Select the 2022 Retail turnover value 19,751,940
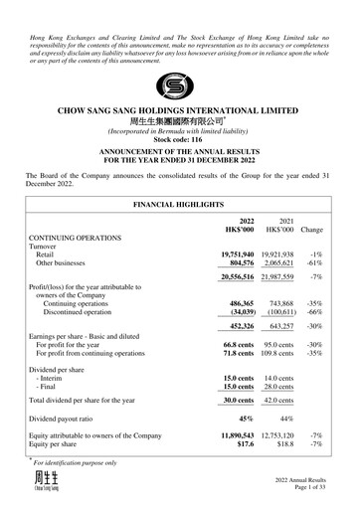tap(244, 254)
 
